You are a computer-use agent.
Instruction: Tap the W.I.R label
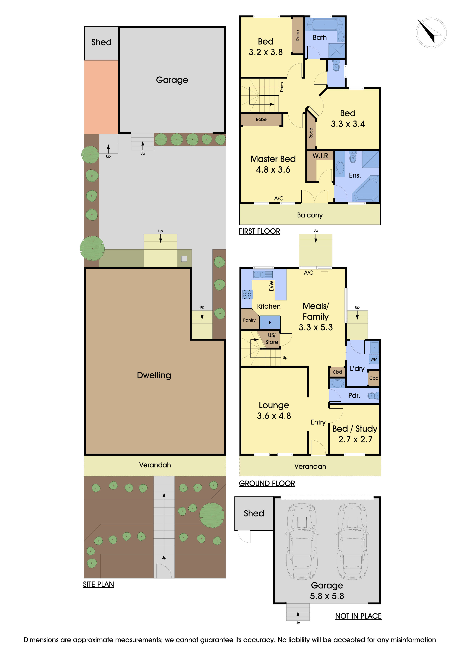320,156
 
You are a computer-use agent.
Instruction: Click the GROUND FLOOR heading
267,483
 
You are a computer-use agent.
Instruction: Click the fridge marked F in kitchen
270,322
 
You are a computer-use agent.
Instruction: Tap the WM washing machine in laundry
374,359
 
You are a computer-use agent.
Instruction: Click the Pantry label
249,320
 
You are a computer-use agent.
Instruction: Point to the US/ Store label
271,338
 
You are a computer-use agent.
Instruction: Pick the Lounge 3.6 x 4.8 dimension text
274,416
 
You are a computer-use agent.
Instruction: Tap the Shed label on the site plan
101,42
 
